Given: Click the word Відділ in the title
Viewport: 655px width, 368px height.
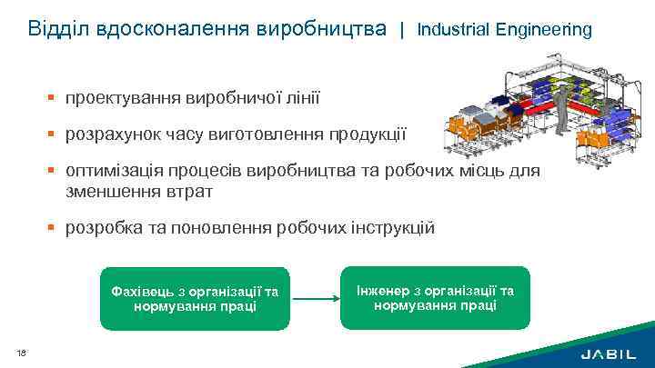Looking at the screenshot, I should coord(55,29).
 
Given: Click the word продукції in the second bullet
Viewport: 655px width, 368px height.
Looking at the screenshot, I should coord(370,134).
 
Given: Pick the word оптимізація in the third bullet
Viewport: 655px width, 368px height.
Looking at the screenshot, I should coord(109,173).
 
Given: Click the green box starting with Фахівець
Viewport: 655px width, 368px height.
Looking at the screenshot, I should coord(194,298).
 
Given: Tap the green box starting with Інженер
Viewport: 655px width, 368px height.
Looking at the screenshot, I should coord(434,297).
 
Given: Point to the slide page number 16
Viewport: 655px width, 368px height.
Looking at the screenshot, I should coord(20,353).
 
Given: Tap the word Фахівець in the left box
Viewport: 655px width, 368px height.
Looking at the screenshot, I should coord(141,291).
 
